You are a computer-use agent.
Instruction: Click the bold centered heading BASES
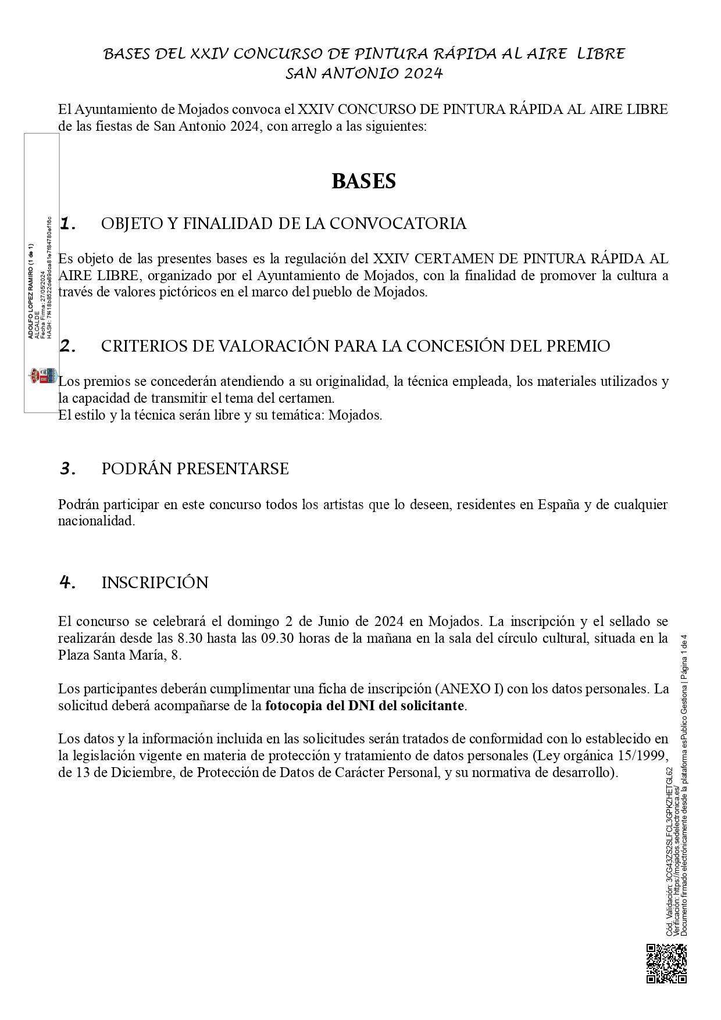point(363,181)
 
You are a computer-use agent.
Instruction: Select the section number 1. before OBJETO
point(68,224)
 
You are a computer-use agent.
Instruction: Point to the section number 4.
point(68,582)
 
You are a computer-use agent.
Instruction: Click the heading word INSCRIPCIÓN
point(155,583)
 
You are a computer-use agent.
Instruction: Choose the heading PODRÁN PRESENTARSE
point(195,469)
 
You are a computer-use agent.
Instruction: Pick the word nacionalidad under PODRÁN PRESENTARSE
point(96,521)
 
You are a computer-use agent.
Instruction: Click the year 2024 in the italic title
point(423,74)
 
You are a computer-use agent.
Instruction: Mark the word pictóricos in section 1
point(188,292)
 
